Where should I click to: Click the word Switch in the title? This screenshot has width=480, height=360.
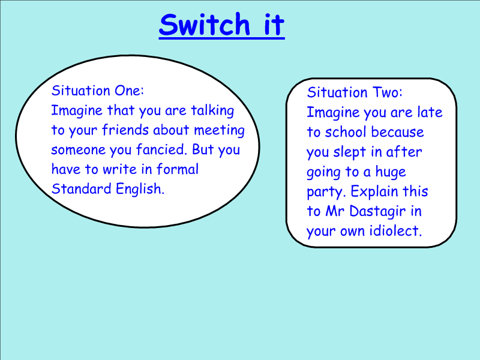(205, 25)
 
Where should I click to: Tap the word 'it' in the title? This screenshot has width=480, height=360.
(274, 25)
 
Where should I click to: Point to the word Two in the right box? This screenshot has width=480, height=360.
(387, 92)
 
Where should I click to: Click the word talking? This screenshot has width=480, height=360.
(212, 111)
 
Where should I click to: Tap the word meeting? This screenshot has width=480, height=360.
(219, 131)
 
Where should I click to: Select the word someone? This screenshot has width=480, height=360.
(79, 150)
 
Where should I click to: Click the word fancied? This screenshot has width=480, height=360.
(161, 149)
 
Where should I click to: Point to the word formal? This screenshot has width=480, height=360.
(178, 169)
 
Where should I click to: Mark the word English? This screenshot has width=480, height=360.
(140, 189)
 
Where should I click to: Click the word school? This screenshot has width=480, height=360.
(346, 132)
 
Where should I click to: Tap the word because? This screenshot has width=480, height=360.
(397, 132)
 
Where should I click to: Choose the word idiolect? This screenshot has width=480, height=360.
(395, 231)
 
